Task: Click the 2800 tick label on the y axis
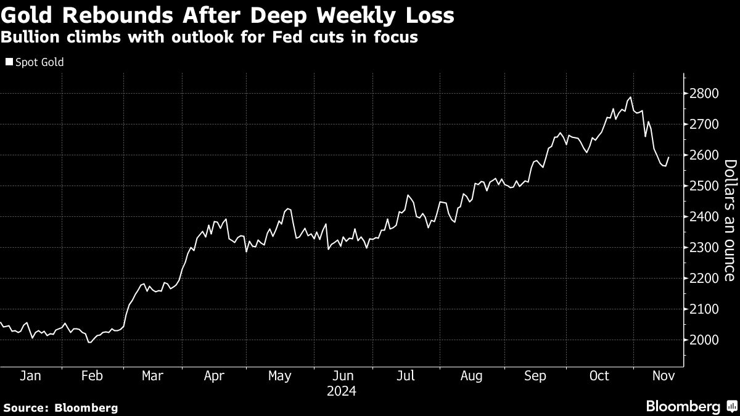(703, 94)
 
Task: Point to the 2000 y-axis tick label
(703, 340)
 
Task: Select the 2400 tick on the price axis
(703, 217)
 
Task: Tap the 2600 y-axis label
(703, 155)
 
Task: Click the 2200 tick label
(703, 279)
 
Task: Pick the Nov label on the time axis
(664, 376)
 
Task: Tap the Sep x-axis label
(535, 376)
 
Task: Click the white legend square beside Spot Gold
(8, 62)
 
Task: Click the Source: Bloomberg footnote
(60, 407)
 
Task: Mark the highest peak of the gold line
(630, 97)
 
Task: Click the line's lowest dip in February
(90, 342)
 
